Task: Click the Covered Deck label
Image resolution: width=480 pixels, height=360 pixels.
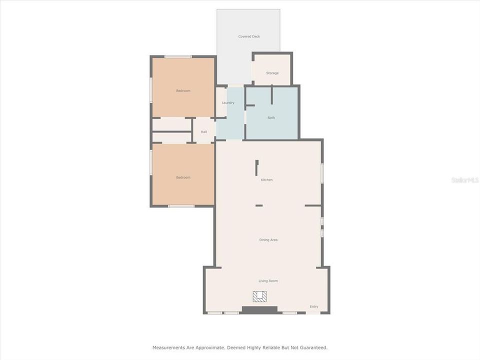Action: click(248, 36)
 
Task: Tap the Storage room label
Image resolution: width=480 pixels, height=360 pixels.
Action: click(272, 73)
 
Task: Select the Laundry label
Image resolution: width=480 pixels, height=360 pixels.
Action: click(228, 102)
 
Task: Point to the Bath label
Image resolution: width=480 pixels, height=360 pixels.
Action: click(271, 117)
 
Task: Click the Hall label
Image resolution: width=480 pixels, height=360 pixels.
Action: click(204, 132)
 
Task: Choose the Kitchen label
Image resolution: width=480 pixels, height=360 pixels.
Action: click(266, 180)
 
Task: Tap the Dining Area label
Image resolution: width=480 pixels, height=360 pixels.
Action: click(268, 240)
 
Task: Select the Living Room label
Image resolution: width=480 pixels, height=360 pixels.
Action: click(268, 281)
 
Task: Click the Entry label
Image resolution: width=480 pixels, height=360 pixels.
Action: click(313, 306)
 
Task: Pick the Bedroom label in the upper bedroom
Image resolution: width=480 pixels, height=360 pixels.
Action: click(183, 90)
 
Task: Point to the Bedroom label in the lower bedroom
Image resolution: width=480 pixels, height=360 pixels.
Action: click(183, 177)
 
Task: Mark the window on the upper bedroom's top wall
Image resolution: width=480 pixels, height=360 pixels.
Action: click(178, 56)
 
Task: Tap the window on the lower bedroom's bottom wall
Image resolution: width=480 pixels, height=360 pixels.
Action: click(181, 206)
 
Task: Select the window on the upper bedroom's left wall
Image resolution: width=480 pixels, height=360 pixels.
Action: click(151, 90)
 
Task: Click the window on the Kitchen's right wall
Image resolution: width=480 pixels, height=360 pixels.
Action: click(322, 173)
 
